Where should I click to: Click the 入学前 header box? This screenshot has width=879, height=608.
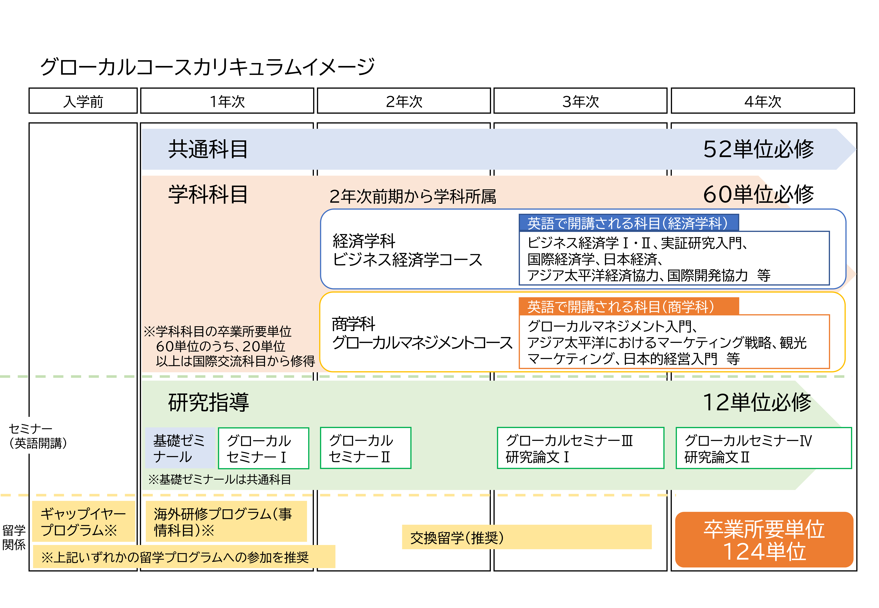83,101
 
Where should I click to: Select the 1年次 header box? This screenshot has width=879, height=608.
227,101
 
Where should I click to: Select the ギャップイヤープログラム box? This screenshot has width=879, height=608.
83,522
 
